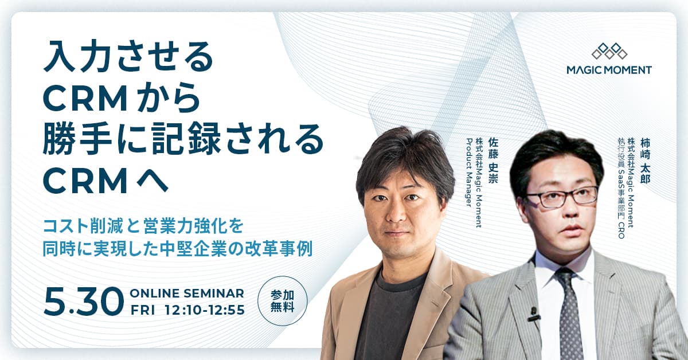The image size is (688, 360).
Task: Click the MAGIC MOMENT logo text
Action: pos(609,70)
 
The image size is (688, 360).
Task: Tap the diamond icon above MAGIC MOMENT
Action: pos(609,51)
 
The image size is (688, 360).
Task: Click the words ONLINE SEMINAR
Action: pos(187,294)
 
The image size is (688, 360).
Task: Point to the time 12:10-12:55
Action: pos(204,310)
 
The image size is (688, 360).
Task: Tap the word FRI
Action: pos(143,310)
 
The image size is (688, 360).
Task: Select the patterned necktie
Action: pos(568,315)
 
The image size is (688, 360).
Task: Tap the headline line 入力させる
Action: pos(128,60)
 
